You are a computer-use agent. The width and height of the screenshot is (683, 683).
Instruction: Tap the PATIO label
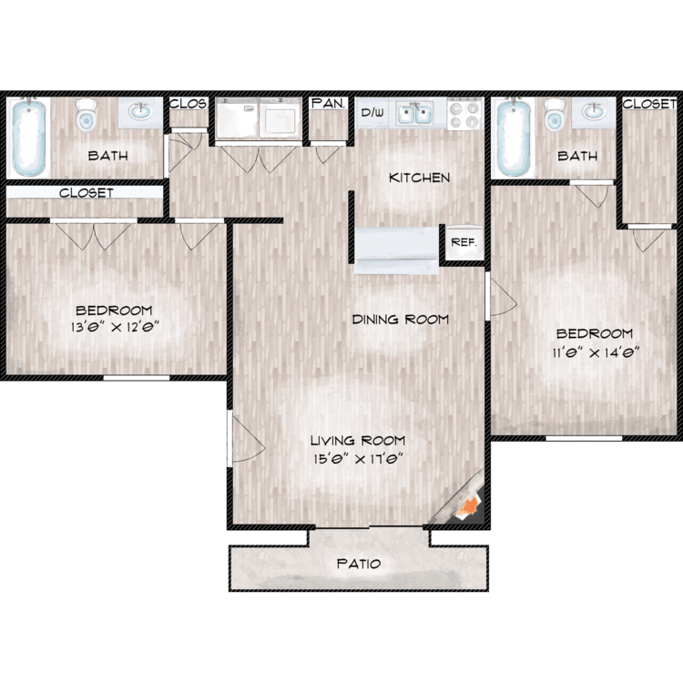pos(359,564)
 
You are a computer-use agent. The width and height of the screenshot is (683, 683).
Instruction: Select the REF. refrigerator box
pos(464,242)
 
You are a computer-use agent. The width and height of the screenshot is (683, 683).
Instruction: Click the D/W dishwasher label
pos(372,112)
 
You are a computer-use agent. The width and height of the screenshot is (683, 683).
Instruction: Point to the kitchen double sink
pos(414,114)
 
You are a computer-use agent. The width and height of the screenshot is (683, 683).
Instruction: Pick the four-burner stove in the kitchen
pos(464,114)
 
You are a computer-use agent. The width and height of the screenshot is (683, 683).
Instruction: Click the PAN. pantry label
pos(329,103)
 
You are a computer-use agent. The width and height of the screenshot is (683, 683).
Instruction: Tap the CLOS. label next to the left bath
pos(189,104)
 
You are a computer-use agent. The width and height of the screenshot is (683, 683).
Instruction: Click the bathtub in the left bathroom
pos(28,138)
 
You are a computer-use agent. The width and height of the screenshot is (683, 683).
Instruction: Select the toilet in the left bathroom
pos(87,114)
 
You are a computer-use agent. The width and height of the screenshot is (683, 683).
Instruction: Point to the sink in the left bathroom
pos(140,112)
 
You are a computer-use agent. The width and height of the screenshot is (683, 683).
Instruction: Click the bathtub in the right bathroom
pos(514,138)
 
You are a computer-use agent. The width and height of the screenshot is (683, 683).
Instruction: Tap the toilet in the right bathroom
pos(555,114)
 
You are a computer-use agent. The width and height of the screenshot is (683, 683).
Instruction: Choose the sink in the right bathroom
pos(594,112)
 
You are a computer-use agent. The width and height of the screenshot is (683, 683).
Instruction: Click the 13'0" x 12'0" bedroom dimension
pos(115,326)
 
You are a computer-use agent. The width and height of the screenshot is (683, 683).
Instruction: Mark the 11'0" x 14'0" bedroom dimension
pos(596,352)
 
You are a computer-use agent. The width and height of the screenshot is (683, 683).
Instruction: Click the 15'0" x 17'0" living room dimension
pos(357,458)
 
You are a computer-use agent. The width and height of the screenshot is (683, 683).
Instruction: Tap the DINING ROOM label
pos(401,320)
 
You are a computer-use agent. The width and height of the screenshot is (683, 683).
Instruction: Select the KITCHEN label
pos(419,178)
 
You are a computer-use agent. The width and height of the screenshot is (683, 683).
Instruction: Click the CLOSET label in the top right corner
pos(649,104)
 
